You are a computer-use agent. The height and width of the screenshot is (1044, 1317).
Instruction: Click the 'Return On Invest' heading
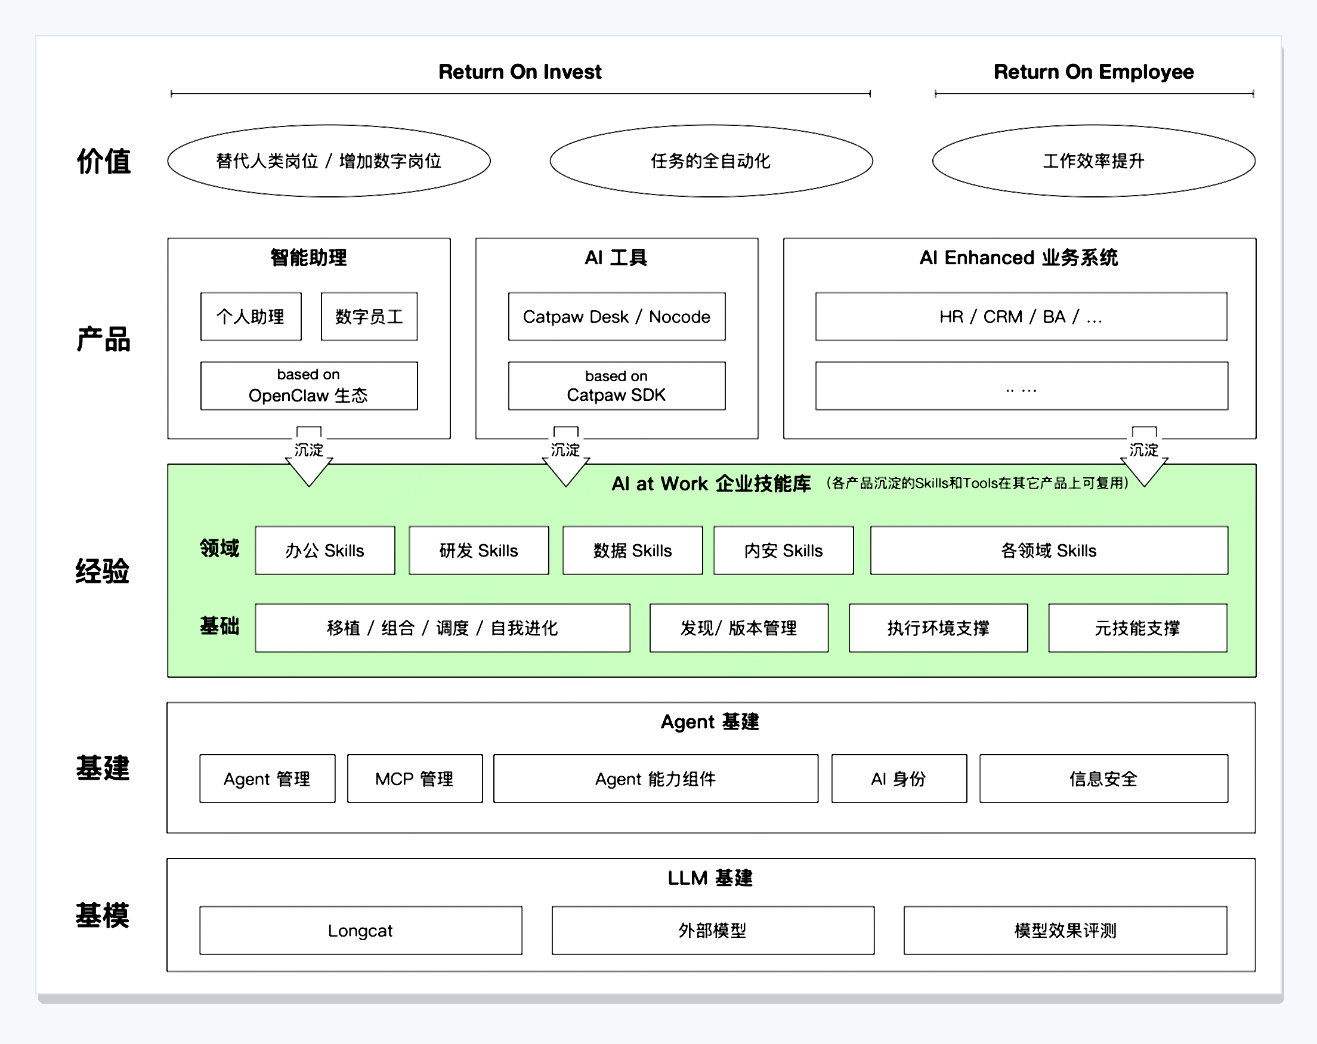(520, 72)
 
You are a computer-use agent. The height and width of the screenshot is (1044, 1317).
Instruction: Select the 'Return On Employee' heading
(1093, 72)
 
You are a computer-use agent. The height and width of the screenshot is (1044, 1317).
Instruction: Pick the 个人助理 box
(251, 316)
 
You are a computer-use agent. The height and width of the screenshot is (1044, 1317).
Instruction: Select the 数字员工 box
(369, 316)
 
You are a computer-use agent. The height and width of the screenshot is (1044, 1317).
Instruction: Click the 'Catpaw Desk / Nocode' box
(616, 316)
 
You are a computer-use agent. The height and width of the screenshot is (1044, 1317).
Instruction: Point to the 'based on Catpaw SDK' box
(616, 385)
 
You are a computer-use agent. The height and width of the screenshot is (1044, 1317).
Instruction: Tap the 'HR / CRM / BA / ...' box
(1021, 316)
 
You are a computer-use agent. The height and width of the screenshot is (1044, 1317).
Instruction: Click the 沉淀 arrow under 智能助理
(309, 456)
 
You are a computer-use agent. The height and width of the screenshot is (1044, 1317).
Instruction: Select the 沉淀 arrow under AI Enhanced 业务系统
(1144, 456)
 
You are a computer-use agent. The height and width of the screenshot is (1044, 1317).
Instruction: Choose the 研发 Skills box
(478, 551)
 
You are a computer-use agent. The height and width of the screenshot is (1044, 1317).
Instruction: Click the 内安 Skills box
(783, 551)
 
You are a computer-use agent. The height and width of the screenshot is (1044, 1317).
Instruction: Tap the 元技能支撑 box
(1137, 628)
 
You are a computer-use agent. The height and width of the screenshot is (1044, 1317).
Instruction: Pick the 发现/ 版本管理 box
(738, 628)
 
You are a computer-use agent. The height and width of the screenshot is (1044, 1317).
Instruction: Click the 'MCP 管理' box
(415, 779)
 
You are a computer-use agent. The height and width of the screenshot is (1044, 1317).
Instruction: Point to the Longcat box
(360, 931)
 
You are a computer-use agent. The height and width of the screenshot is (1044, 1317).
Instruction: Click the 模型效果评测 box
(1065, 931)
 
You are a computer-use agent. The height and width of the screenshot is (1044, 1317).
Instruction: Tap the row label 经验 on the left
(103, 571)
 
